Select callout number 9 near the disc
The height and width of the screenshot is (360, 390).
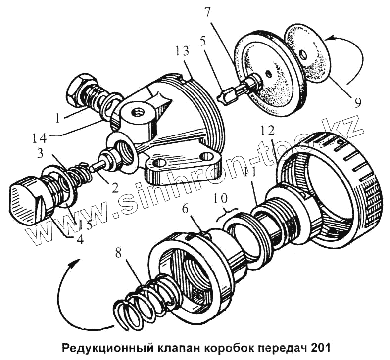tap(357, 103)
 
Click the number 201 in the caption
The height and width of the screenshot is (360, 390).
tap(320, 347)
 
